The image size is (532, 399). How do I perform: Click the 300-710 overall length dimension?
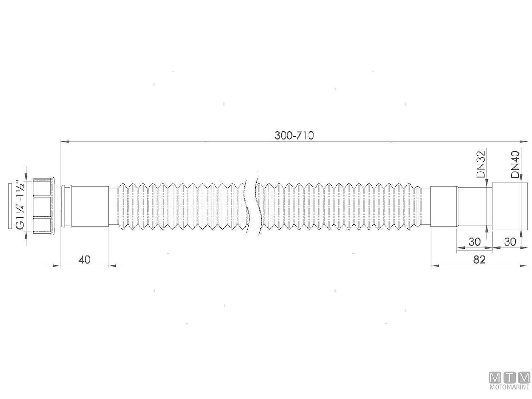(x=294, y=135)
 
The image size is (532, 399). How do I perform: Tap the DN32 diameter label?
(x=481, y=164)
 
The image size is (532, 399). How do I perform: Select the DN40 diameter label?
(x=516, y=164)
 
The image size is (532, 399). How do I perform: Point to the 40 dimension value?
(x=85, y=260)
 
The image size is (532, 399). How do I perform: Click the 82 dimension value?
(x=479, y=260)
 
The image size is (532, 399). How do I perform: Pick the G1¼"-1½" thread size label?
(x=20, y=204)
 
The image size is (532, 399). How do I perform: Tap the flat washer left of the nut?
(x=10, y=206)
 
